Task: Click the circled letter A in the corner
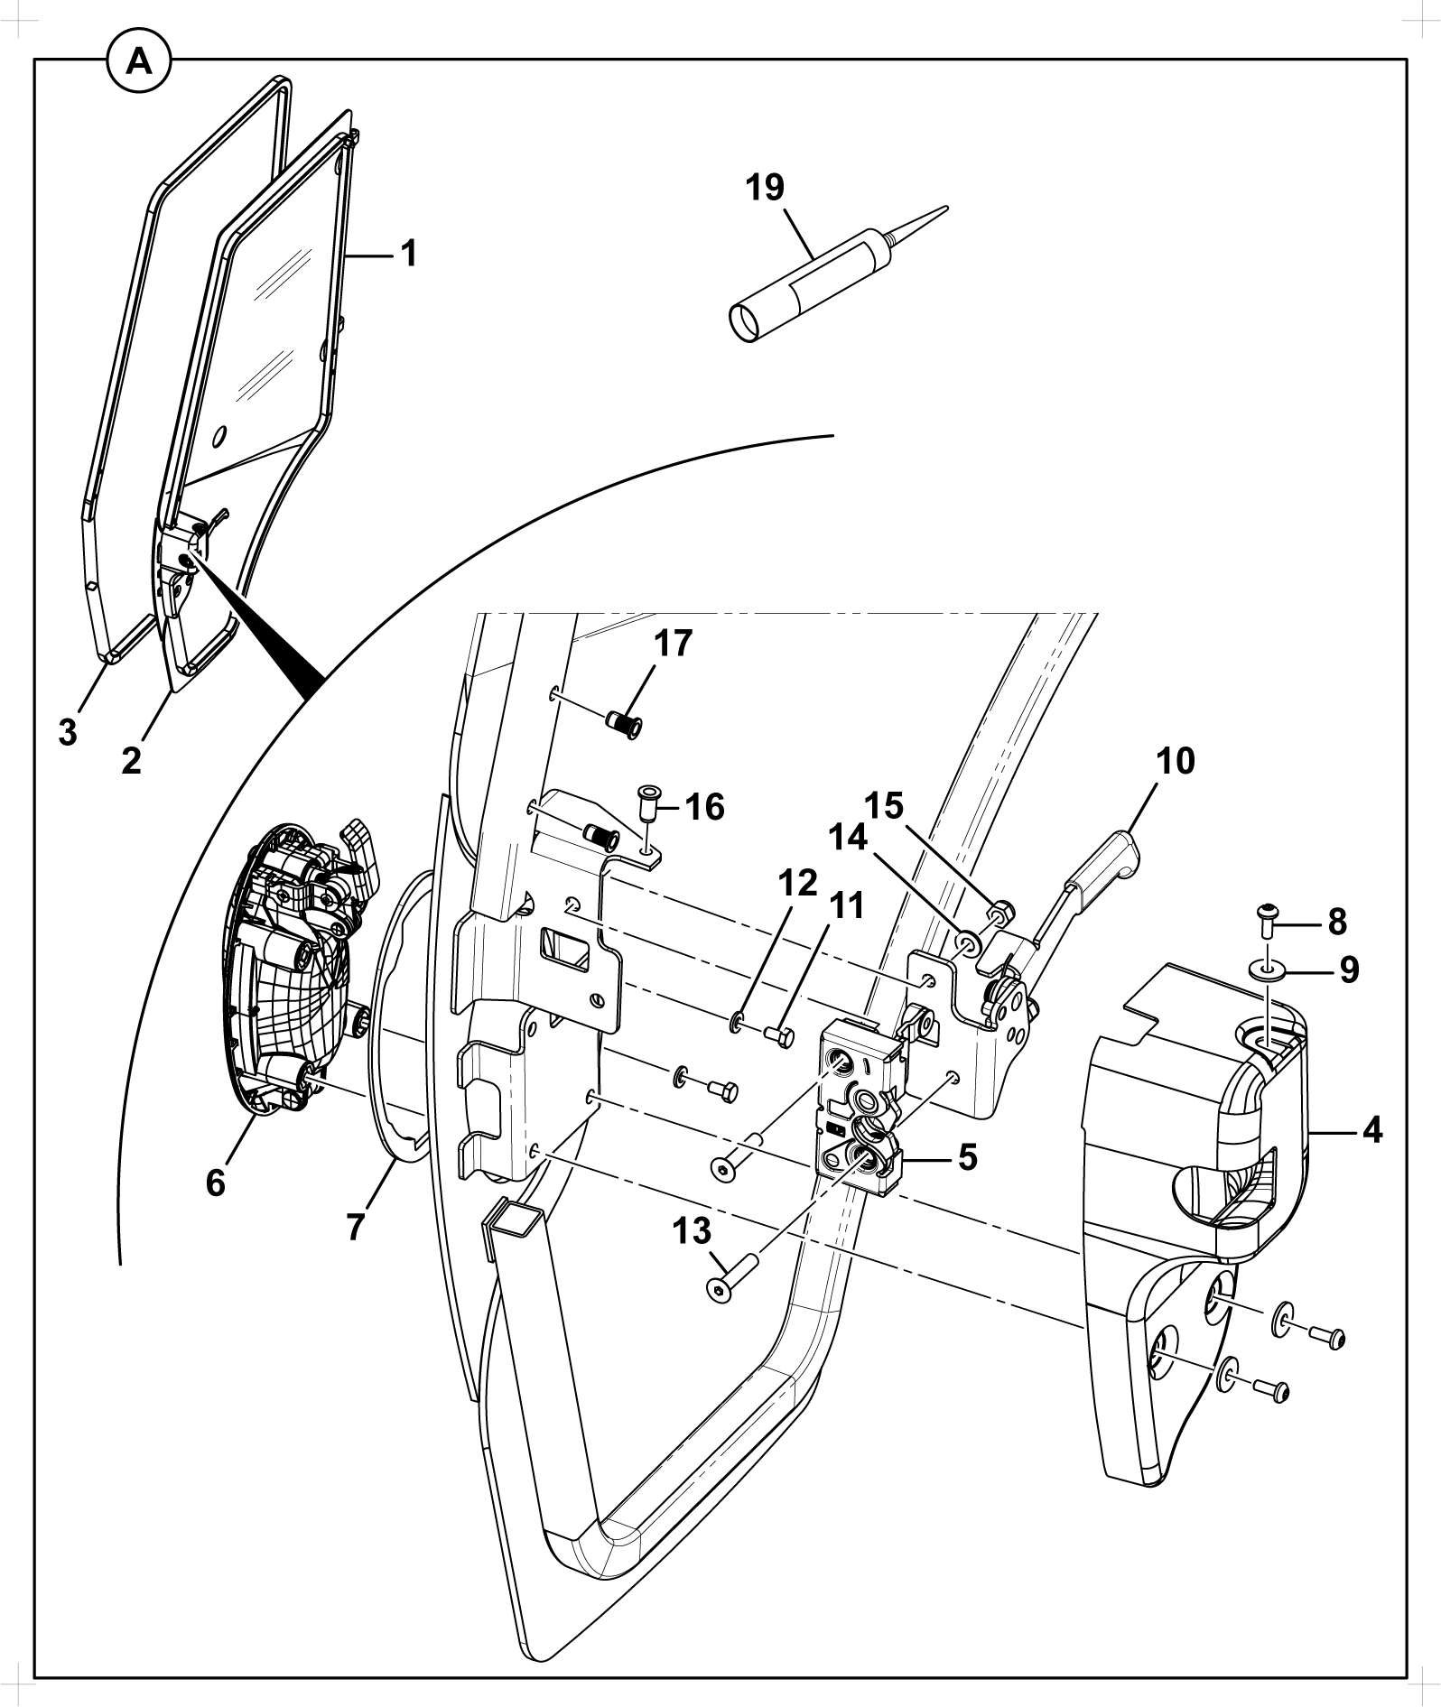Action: coord(139,60)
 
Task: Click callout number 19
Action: coord(765,189)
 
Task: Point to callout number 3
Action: coord(68,733)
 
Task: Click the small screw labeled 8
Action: coord(1268,920)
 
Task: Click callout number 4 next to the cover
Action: coord(1371,1129)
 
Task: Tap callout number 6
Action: coord(215,1183)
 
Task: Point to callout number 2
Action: coord(132,760)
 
